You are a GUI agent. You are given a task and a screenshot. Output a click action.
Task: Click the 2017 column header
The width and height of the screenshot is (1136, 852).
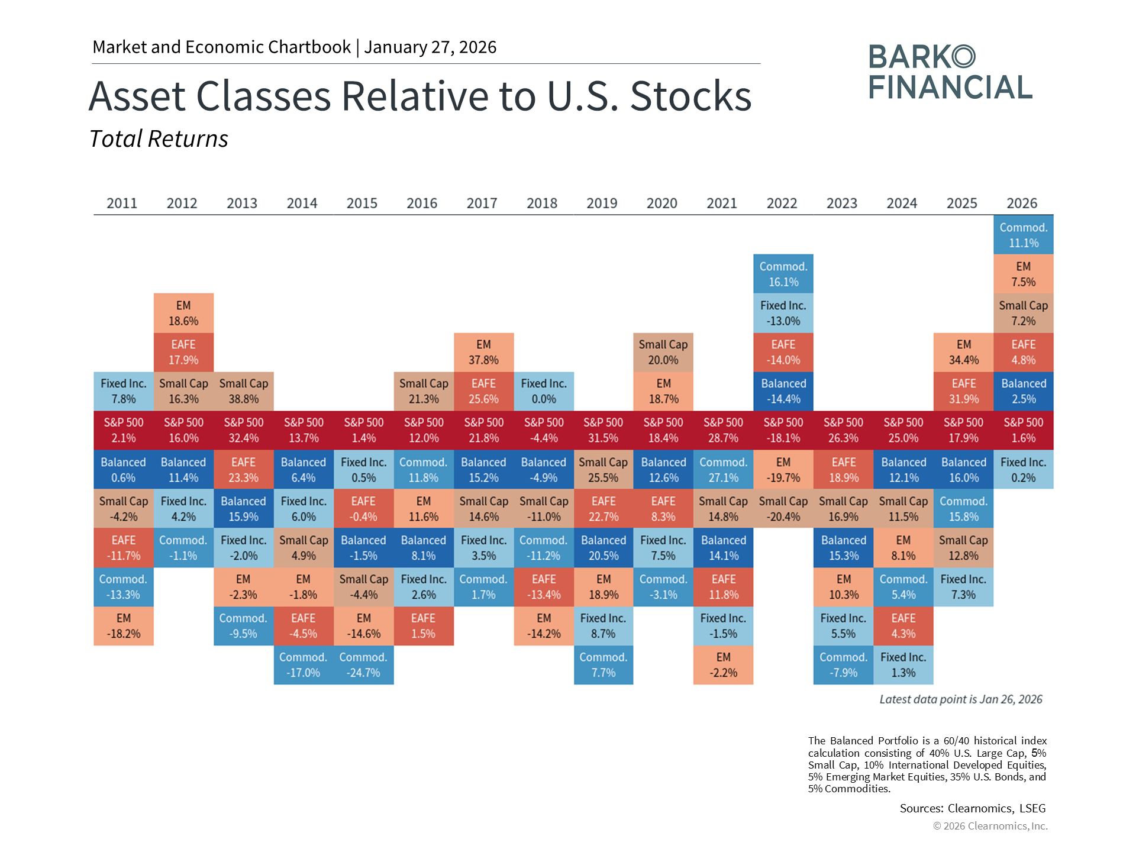[x=482, y=203]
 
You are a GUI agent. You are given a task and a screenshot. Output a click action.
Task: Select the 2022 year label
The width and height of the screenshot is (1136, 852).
[x=782, y=203]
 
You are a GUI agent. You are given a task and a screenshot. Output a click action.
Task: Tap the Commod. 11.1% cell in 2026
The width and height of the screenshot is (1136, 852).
[x=1024, y=235]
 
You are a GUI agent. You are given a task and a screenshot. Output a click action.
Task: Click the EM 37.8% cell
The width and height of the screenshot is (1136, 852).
[x=484, y=352]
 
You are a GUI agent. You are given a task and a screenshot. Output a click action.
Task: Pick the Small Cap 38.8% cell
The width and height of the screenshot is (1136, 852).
[x=244, y=391]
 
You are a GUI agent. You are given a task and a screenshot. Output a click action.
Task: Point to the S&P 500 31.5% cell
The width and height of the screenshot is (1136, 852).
[x=603, y=430]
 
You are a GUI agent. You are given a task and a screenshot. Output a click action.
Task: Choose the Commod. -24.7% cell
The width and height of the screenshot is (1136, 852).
[x=364, y=665]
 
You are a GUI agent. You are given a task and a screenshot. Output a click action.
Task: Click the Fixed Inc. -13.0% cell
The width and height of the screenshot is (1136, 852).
[x=783, y=313]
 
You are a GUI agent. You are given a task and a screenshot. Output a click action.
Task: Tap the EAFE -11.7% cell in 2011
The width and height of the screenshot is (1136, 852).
[x=124, y=548]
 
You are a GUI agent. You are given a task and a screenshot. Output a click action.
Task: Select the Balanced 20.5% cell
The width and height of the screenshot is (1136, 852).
[x=603, y=548]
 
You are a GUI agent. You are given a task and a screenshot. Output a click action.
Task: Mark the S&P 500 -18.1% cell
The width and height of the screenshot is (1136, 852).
[x=783, y=430]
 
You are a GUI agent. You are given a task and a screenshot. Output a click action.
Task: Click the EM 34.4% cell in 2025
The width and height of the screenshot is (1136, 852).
[x=964, y=352]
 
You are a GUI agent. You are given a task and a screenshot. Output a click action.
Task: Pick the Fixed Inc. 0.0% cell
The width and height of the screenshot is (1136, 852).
[x=544, y=391]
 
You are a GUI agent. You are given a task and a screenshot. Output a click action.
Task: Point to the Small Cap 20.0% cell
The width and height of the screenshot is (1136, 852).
[x=663, y=352]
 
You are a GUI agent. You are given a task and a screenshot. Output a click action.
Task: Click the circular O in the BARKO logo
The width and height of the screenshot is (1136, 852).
[x=964, y=56]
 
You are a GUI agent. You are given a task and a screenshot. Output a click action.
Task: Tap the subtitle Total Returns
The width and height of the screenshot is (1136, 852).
[x=159, y=139]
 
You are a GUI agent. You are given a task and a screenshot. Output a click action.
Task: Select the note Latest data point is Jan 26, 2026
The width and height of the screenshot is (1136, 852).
[x=961, y=699]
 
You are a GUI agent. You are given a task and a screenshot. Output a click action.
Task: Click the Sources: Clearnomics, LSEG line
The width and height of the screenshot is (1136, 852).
[x=973, y=808]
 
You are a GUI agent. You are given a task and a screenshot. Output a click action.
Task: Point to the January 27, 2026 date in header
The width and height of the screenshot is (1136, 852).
[x=430, y=47]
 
